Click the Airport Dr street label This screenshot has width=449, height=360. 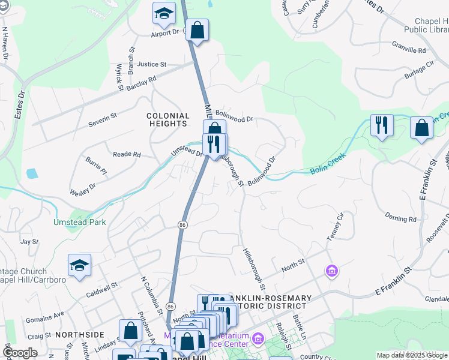point(164,32)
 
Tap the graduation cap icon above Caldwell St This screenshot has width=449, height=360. point(79,266)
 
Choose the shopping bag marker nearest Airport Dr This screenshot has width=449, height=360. point(197,30)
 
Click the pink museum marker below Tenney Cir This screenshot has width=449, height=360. point(331,272)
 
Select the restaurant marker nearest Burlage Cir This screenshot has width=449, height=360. point(381,126)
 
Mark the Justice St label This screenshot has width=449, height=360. point(151,64)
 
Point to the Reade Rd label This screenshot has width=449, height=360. point(127,154)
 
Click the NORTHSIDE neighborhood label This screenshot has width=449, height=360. point(79,335)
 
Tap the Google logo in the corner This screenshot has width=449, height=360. point(20,353)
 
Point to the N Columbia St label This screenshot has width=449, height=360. point(151,294)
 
